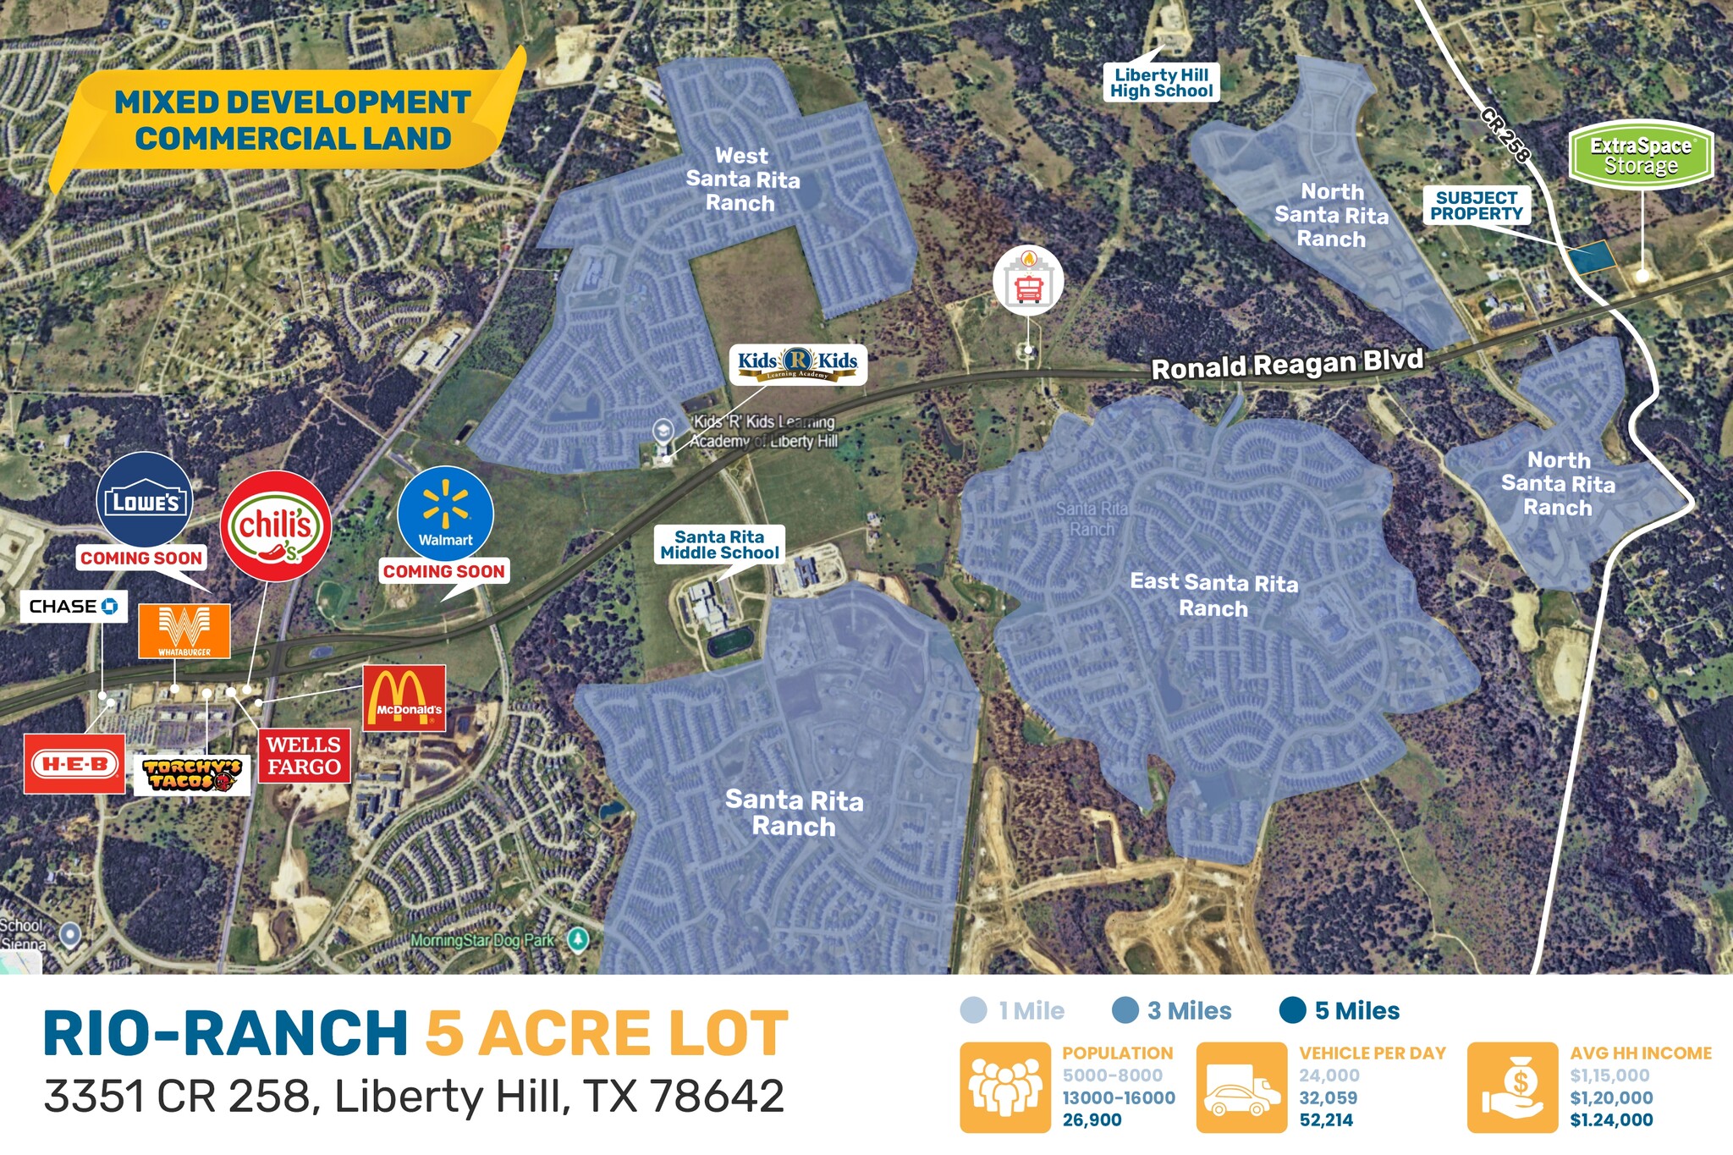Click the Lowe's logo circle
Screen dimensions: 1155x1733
145,499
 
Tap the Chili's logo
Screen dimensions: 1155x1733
276,526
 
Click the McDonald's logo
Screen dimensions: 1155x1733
404,697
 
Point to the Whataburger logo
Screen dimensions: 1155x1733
184,630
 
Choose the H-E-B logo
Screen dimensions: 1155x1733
74,764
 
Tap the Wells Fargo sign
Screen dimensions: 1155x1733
304,756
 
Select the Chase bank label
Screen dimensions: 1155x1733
74,606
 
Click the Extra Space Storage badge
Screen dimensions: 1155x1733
1641,156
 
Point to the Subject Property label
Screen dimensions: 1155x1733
1477,206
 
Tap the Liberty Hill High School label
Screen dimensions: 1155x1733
1162,83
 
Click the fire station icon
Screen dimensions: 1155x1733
1028,282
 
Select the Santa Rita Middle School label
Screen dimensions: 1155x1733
720,545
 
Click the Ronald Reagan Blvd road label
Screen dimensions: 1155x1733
1287,364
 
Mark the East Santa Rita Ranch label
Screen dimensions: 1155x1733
1213,595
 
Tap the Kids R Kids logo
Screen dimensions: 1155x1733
798,364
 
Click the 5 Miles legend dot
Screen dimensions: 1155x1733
1292,1010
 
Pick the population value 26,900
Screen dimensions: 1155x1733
1092,1119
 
